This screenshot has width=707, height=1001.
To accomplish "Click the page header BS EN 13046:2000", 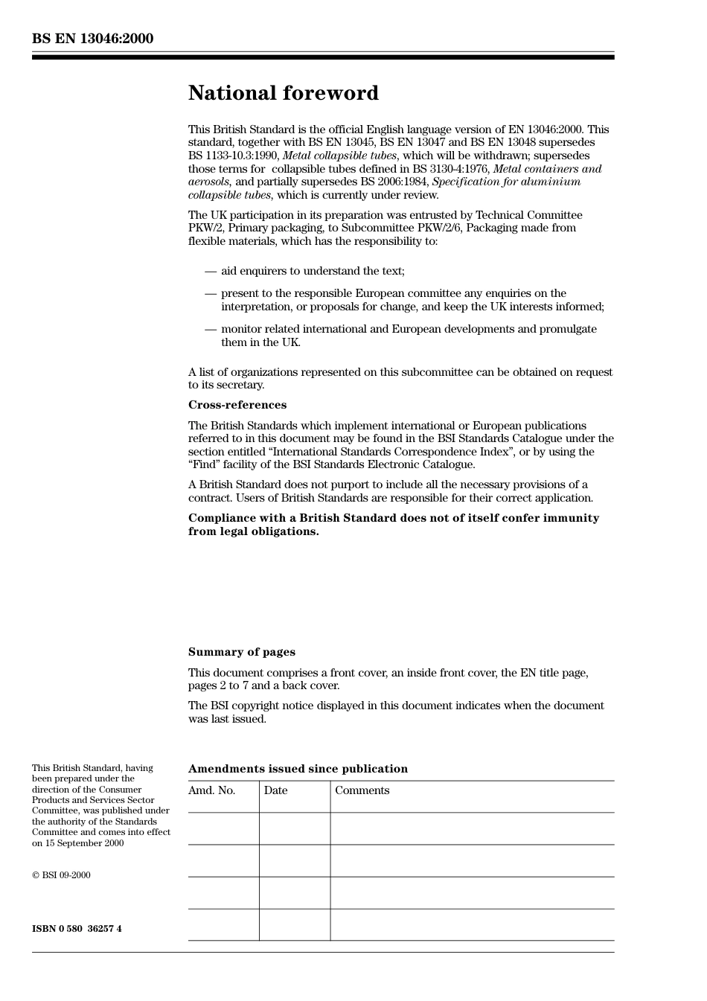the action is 92,39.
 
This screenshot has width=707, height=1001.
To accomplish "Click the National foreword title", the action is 283,93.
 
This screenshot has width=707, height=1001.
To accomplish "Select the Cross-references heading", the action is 237,405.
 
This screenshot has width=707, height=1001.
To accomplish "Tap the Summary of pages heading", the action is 241,652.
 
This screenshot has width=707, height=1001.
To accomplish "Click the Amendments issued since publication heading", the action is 298,769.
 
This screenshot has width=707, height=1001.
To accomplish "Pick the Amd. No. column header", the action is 211,790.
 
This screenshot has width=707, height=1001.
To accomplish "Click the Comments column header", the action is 362,790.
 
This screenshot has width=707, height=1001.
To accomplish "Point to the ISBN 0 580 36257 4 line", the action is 77,929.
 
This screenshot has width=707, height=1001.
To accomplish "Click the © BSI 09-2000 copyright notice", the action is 61,875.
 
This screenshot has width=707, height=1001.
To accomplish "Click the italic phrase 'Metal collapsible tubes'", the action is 339,156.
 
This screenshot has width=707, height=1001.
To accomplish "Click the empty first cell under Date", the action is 295,828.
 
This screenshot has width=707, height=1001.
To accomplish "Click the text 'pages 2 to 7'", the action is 217,685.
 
